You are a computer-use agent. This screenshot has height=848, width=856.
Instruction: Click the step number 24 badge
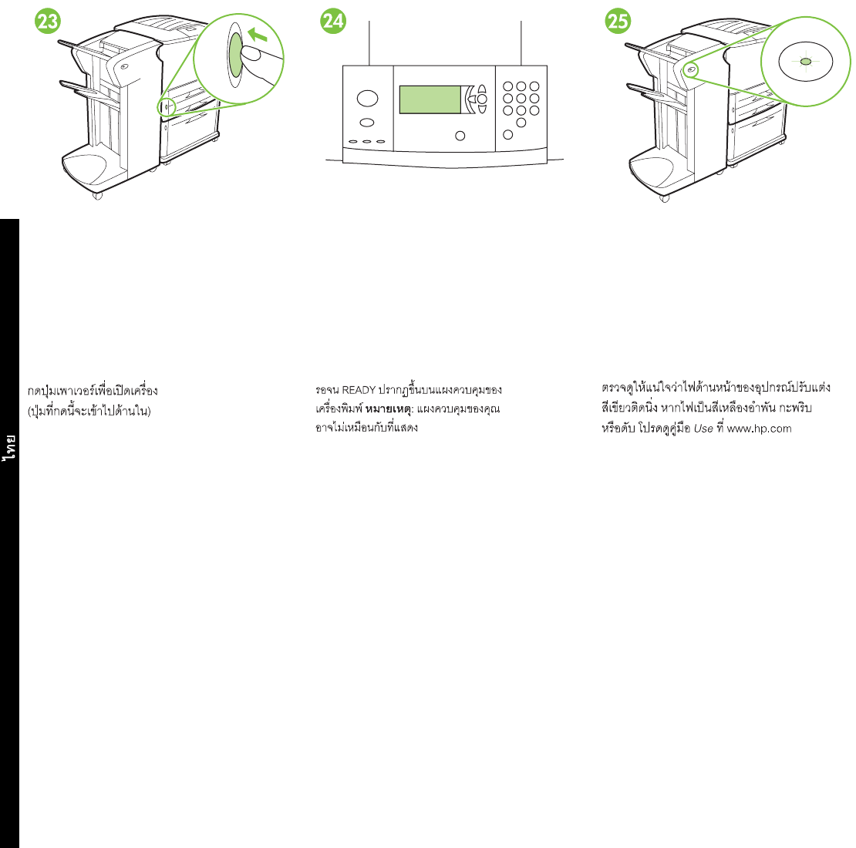[x=333, y=22]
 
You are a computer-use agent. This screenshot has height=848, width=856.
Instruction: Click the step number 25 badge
[x=618, y=22]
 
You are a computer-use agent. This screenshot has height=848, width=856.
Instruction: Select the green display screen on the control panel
[x=430, y=99]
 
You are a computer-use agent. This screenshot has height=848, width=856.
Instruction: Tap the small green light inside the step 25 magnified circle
[x=804, y=61]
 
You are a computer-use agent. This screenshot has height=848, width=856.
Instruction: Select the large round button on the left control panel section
[x=368, y=99]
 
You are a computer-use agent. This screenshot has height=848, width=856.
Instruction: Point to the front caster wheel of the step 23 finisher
[x=97, y=196]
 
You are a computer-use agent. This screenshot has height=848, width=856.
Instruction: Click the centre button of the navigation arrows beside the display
[x=482, y=99]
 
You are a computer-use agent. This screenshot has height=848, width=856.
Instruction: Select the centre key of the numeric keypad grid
[x=521, y=99]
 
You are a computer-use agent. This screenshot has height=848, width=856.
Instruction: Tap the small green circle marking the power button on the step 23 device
[x=163, y=107]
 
